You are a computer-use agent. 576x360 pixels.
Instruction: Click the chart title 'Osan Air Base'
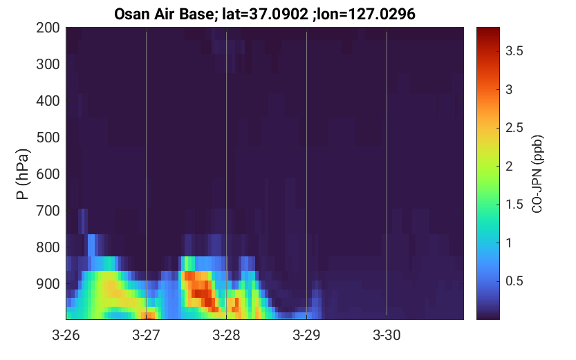164,14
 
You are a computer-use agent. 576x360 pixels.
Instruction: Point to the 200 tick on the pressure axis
48,28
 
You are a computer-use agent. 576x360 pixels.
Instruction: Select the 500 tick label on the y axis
48,138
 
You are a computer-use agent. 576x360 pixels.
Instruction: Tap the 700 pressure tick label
48,211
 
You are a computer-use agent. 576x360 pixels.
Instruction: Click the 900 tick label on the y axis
48,284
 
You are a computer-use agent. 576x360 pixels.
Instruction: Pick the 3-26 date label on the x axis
66,335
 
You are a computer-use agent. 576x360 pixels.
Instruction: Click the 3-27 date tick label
146,335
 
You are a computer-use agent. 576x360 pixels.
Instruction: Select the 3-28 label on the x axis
226,335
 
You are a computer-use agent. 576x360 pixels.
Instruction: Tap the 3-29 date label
306,335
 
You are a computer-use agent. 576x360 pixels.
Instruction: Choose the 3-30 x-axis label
387,335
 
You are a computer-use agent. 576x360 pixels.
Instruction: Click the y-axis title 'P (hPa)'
23,174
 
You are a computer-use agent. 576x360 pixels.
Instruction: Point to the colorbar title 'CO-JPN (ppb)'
537,174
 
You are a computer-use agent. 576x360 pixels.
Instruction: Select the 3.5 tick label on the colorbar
514,51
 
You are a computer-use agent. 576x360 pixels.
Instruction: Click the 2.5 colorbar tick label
514,127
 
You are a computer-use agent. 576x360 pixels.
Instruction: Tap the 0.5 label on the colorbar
514,281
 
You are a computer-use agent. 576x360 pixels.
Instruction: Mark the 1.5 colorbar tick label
514,204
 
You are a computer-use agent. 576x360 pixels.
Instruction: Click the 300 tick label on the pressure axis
48,64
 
